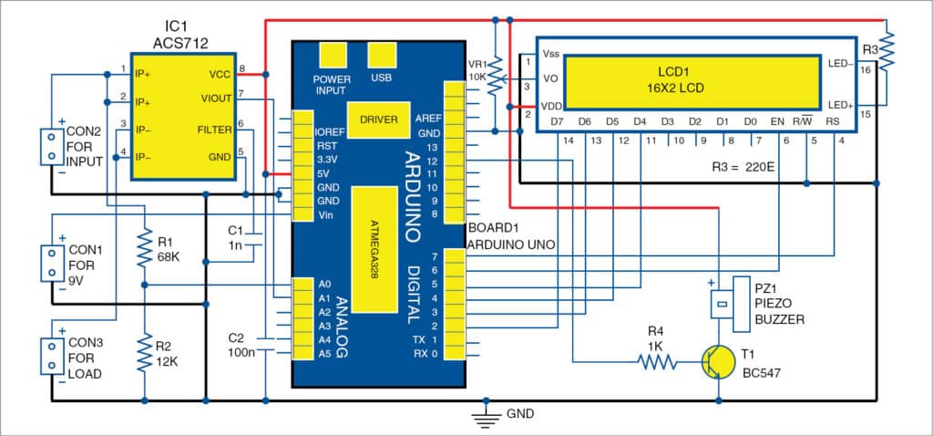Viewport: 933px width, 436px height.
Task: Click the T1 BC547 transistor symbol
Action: click(718, 362)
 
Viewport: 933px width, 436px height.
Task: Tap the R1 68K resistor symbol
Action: click(144, 248)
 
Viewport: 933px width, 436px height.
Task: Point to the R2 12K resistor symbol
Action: click(144, 351)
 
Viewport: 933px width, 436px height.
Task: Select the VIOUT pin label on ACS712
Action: click(215, 96)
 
